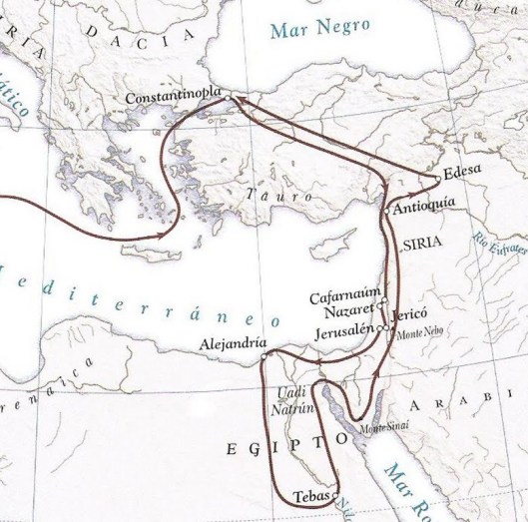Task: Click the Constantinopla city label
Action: tap(175, 98)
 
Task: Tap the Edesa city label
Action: tap(463, 170)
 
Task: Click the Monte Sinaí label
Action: tap(380, 429)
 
